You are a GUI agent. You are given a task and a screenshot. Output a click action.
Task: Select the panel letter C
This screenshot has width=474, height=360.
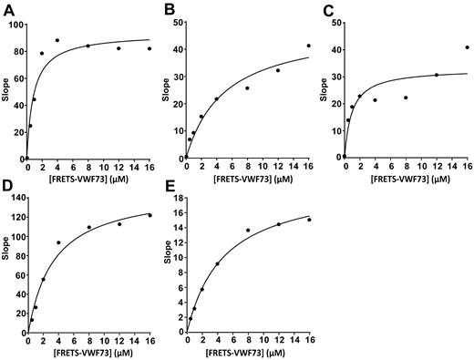point(325,8)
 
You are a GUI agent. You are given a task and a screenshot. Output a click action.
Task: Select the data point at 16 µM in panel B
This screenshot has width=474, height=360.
point(309,46)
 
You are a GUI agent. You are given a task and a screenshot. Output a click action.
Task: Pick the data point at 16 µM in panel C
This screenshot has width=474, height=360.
point(468,46)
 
